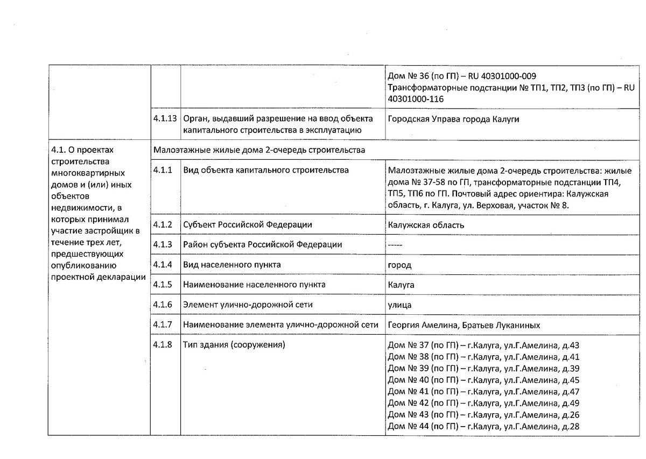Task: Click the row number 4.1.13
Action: (x=165, y=119)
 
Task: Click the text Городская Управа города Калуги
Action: (x=453, y=119)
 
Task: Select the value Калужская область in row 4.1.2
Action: (x=425, y=225)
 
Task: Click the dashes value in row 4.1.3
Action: (x=396, y=245)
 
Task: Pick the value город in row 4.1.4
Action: (x=399, y=265)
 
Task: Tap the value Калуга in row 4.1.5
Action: (x=401, y=285)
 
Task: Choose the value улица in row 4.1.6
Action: (x=399, y=305)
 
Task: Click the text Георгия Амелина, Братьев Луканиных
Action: (x=464, y=324)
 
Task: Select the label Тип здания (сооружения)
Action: (x=234, y=344)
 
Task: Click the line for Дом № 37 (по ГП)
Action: (x=483, y=345)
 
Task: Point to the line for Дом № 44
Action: (x=483, y=427)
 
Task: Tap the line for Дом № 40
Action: (x=483, y=380)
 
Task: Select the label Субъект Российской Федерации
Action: (x=248, y=225)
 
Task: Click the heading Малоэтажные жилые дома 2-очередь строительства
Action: (x=259, y=150)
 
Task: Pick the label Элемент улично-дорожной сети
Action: (x=248, y=305)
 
